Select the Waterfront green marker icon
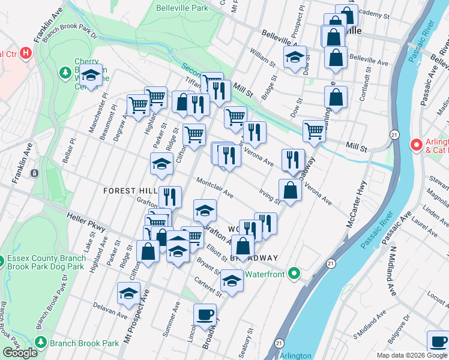tap(294, 273)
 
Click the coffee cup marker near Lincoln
tap(205, 315)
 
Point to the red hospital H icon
tap(25, 53)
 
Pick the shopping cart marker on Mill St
tap(315, 131)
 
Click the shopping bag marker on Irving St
tap(290, 190)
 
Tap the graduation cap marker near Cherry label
tap(91, 76)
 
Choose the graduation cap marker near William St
tap(295, 58)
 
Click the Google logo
tap(20, 353)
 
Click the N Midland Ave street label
tap(394, 268)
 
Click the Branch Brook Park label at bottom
tap(85, 343)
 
